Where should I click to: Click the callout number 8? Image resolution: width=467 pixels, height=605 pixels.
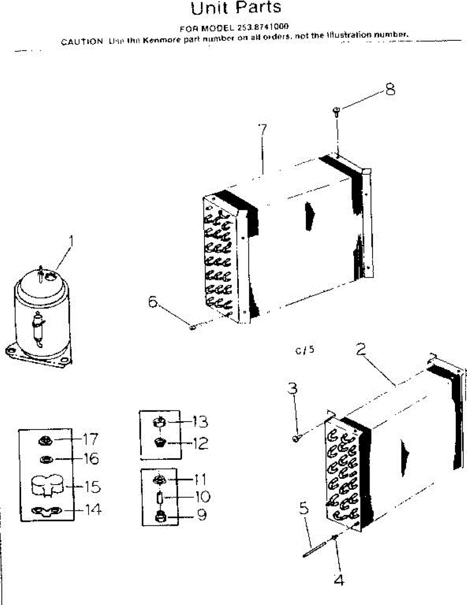389,90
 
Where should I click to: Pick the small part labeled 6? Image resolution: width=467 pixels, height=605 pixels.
192,328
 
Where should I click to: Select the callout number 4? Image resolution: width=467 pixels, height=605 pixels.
339,580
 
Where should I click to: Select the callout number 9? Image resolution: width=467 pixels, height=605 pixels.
201,517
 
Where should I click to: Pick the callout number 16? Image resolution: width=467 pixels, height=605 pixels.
91,459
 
